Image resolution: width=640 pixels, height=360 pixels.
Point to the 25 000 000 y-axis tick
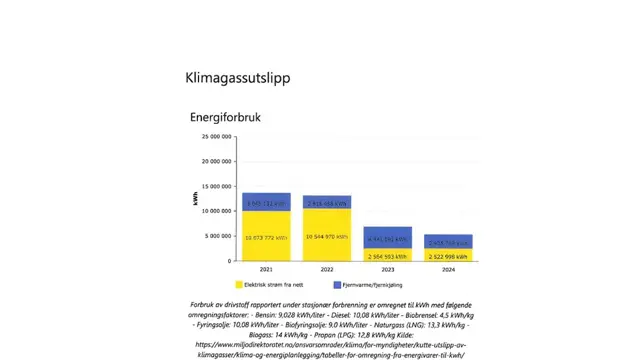coord(217,136)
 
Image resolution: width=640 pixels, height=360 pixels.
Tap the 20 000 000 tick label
coord(217,161)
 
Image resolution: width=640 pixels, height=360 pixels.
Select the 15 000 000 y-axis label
coord(217,186)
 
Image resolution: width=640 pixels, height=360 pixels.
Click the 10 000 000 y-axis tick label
coord(217,211)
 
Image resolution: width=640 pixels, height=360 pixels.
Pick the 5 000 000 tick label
coord(219,236)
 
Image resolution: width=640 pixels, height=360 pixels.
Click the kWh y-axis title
coord(195,199)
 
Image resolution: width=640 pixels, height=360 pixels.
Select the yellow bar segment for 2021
coord(266,235)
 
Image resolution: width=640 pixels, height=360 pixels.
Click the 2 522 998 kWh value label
coord(448,255)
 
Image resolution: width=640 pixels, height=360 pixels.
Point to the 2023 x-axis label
coord(387,270)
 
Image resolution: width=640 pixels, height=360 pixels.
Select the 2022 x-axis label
coord(327,270)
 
